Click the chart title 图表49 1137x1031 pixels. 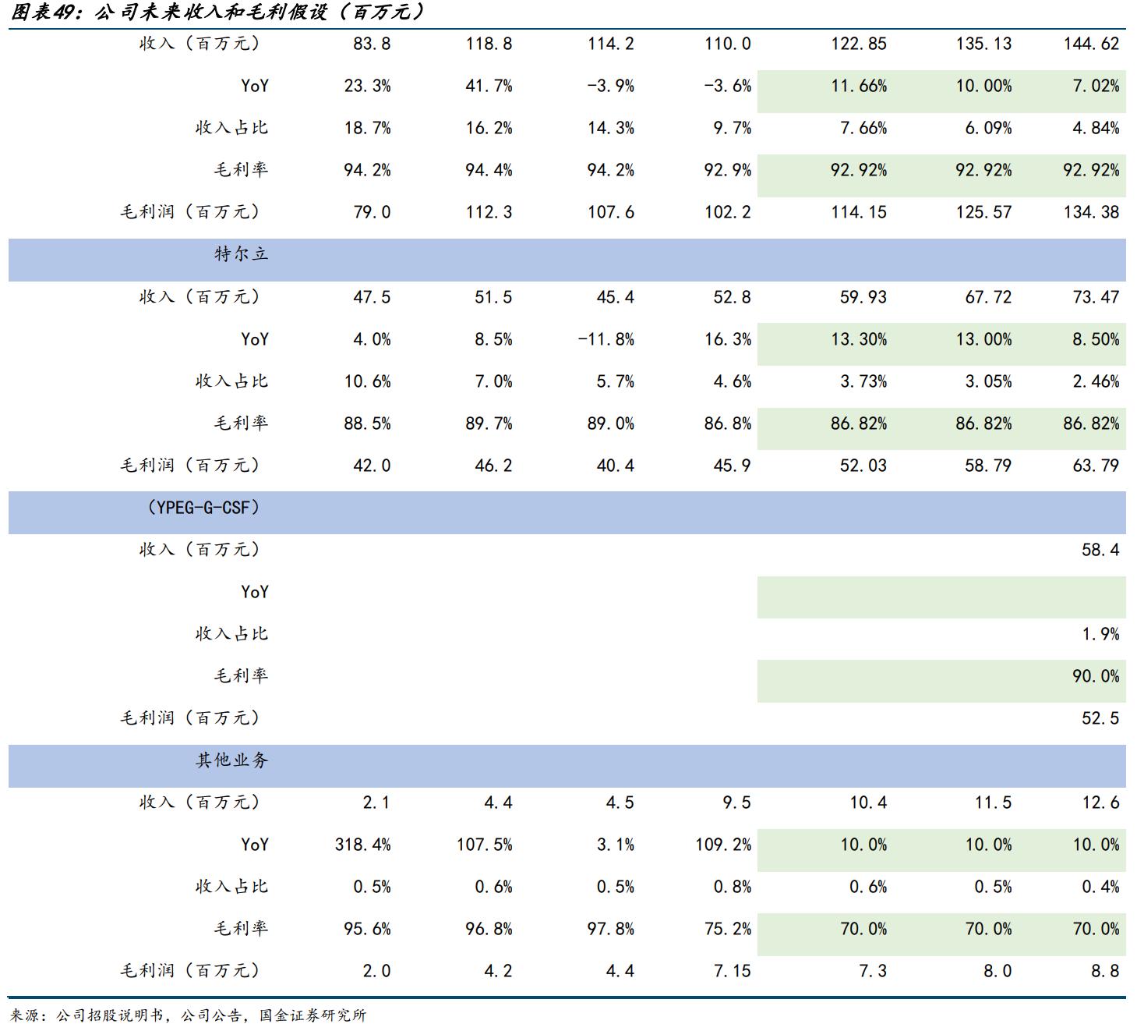pyautogui.click(x=218, y=12)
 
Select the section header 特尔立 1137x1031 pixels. pyautogui.click(x=241, y=254)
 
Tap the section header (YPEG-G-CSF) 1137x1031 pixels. pyautogui.click(x=203, y=508)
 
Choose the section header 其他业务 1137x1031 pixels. pyautogui.click(x=231, y=760)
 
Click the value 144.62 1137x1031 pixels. pyautogui.click(x=1091, y=44)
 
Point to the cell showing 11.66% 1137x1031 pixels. pyautogui.click(x=859, y=86)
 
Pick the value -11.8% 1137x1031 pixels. pyautogui.click(x=606, y=339)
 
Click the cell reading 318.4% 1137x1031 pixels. pyautogui.click(x=362, y=845)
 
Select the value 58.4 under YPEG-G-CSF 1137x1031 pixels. pyautogui.click(x=1100, y=550)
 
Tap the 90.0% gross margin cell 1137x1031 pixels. pyautogui.click(x=1095, y=676)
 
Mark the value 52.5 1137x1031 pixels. pyautogui.click(x=1100, y=718)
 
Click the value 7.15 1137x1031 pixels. pyautogui.click(x=732, y=971)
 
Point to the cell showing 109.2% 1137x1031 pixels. pyautogui.click(x=723, y=845)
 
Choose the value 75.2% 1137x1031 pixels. pyautogui.click(x=727, y=929)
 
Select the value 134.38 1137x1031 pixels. pyautogui.click(x=1091, y=212)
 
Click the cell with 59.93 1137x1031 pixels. pyautogui.click(x=863, y=297)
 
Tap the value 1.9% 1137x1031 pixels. pyautogui.click(x=1100, y=634)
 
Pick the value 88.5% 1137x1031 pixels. pyautogui.click(x=367, y=423)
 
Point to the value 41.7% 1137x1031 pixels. pyautogui.click(x=489, y=86)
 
